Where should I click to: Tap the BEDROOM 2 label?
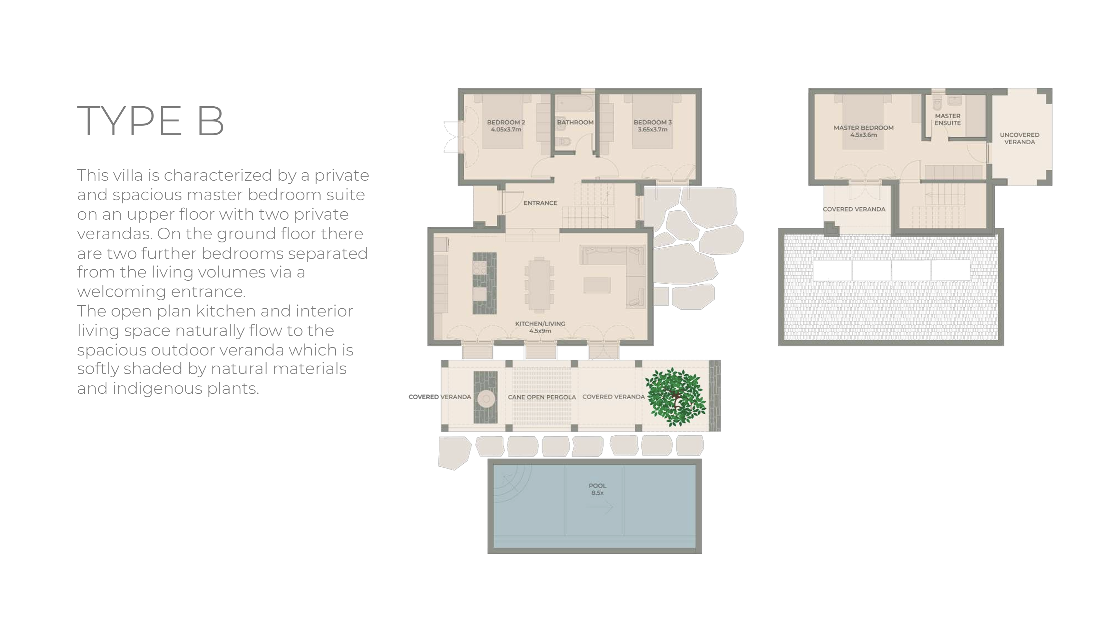point(506,123)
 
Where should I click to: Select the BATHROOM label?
point(575,123)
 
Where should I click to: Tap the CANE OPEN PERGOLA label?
point(542,397)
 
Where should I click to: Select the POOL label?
point(597,486)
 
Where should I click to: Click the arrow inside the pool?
point(599,507)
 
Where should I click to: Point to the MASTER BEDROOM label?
point(863,127)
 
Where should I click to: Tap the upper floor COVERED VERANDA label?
point(854,209)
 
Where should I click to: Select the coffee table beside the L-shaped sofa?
point(596,285)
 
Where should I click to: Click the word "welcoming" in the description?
point(118,291)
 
